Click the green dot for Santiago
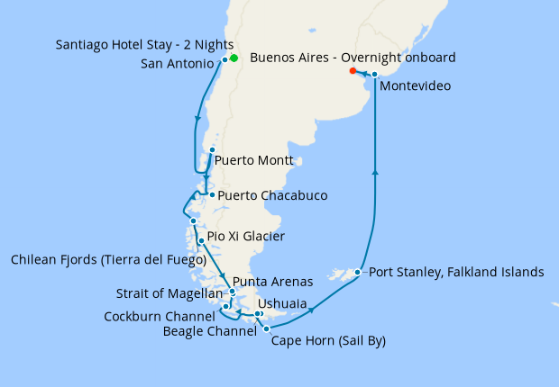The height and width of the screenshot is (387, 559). coord(234,58)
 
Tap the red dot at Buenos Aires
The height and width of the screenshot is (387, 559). coord(353,70)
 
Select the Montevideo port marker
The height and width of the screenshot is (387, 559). coord(374,75)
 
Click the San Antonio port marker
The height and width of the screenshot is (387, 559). coord(225,59)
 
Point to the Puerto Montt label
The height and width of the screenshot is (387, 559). coord(254,161)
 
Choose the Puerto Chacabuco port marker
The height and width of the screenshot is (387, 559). coord(211,194)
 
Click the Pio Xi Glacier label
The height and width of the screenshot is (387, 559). coord(245,237)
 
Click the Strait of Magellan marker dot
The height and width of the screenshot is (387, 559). coord(233,292)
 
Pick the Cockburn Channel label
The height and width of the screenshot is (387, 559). coord(159,317)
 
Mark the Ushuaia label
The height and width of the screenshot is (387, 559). coord(281,304)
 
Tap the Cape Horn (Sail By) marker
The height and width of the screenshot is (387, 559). coord(266,329)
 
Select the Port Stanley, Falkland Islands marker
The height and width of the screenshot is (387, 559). coord(358,272)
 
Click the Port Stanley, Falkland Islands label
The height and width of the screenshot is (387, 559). coord(456,272)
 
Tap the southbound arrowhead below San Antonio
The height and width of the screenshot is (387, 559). coord(197,117)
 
